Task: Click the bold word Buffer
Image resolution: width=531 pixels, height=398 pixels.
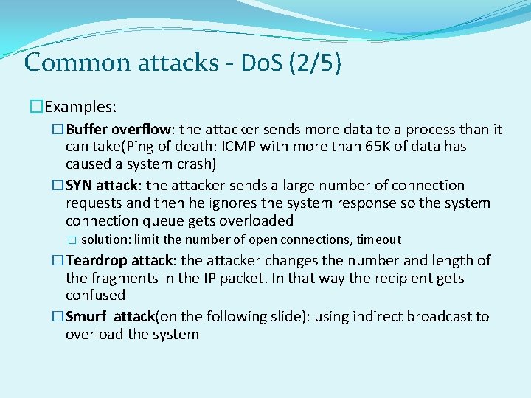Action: tap(86, 130)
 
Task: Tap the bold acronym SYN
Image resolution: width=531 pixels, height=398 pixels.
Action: tap(79, 186)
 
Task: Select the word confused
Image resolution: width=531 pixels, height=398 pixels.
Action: tap(95, 296)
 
